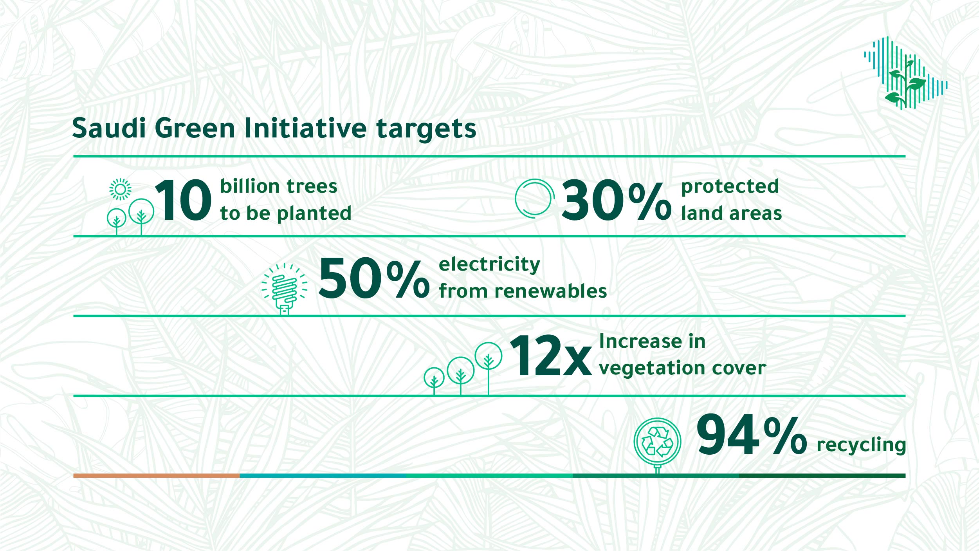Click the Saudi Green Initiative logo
click(906, 73)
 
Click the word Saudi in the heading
click(109, 128)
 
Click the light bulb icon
click(285, 289)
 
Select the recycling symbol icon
click(657, 441)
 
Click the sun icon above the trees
click(121, 190)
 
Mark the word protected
click(730, 187)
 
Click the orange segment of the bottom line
click(157, 475)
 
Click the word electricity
click(489, 264)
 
